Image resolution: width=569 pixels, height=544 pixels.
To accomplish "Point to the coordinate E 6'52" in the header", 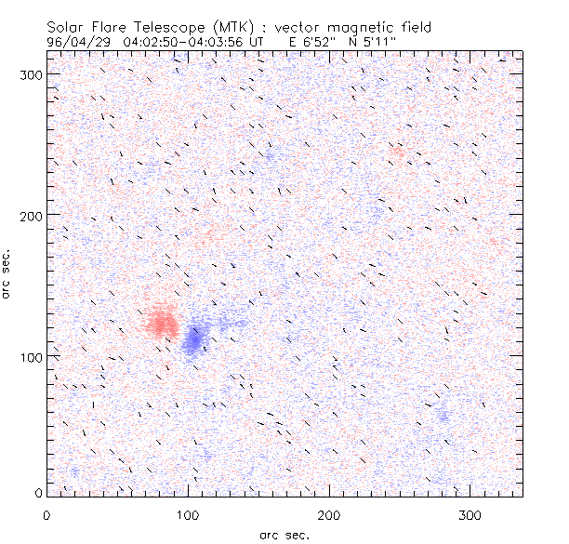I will coord(311,41).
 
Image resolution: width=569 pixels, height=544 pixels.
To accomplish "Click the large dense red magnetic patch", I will coord(163,322).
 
